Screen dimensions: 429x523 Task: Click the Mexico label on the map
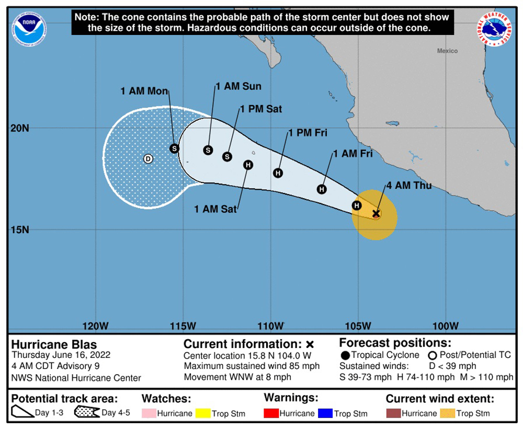[x=447, y=51]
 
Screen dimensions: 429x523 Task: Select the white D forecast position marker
[x=148, y=159]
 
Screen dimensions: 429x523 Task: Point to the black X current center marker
[x=376, y=213]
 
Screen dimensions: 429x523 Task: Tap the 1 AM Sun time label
[x=238, y=86]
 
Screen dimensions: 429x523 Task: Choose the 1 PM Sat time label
[x=261, y=109]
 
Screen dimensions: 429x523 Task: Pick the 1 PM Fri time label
[x=308, y=133]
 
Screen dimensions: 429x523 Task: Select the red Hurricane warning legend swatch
[x=271, y=414]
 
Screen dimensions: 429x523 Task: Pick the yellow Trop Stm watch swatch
[x=202, y=414]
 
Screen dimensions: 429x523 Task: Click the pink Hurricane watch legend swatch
[x=149, y=414]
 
